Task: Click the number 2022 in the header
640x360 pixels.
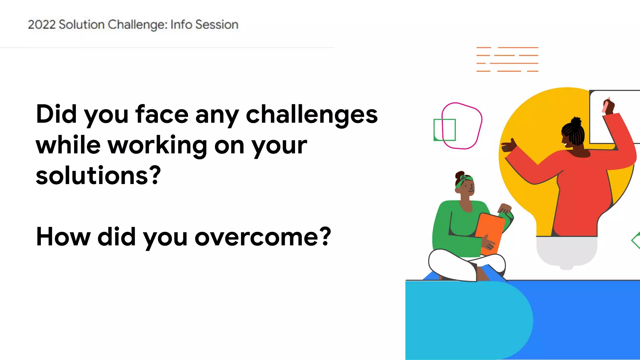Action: [42, 25]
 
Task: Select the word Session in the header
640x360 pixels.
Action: [217, 25]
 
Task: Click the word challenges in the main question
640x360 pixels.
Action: [312, 114]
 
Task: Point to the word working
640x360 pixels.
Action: [157, 146]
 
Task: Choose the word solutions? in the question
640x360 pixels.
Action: [98, 176]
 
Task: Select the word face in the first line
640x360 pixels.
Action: [162, 114]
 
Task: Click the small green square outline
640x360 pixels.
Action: [444, 130]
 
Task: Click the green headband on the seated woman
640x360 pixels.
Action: [464, 181]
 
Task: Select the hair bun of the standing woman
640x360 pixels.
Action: [576, 121]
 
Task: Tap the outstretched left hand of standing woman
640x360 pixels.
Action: [508, 146]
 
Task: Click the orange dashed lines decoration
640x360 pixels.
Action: [507, 59]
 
